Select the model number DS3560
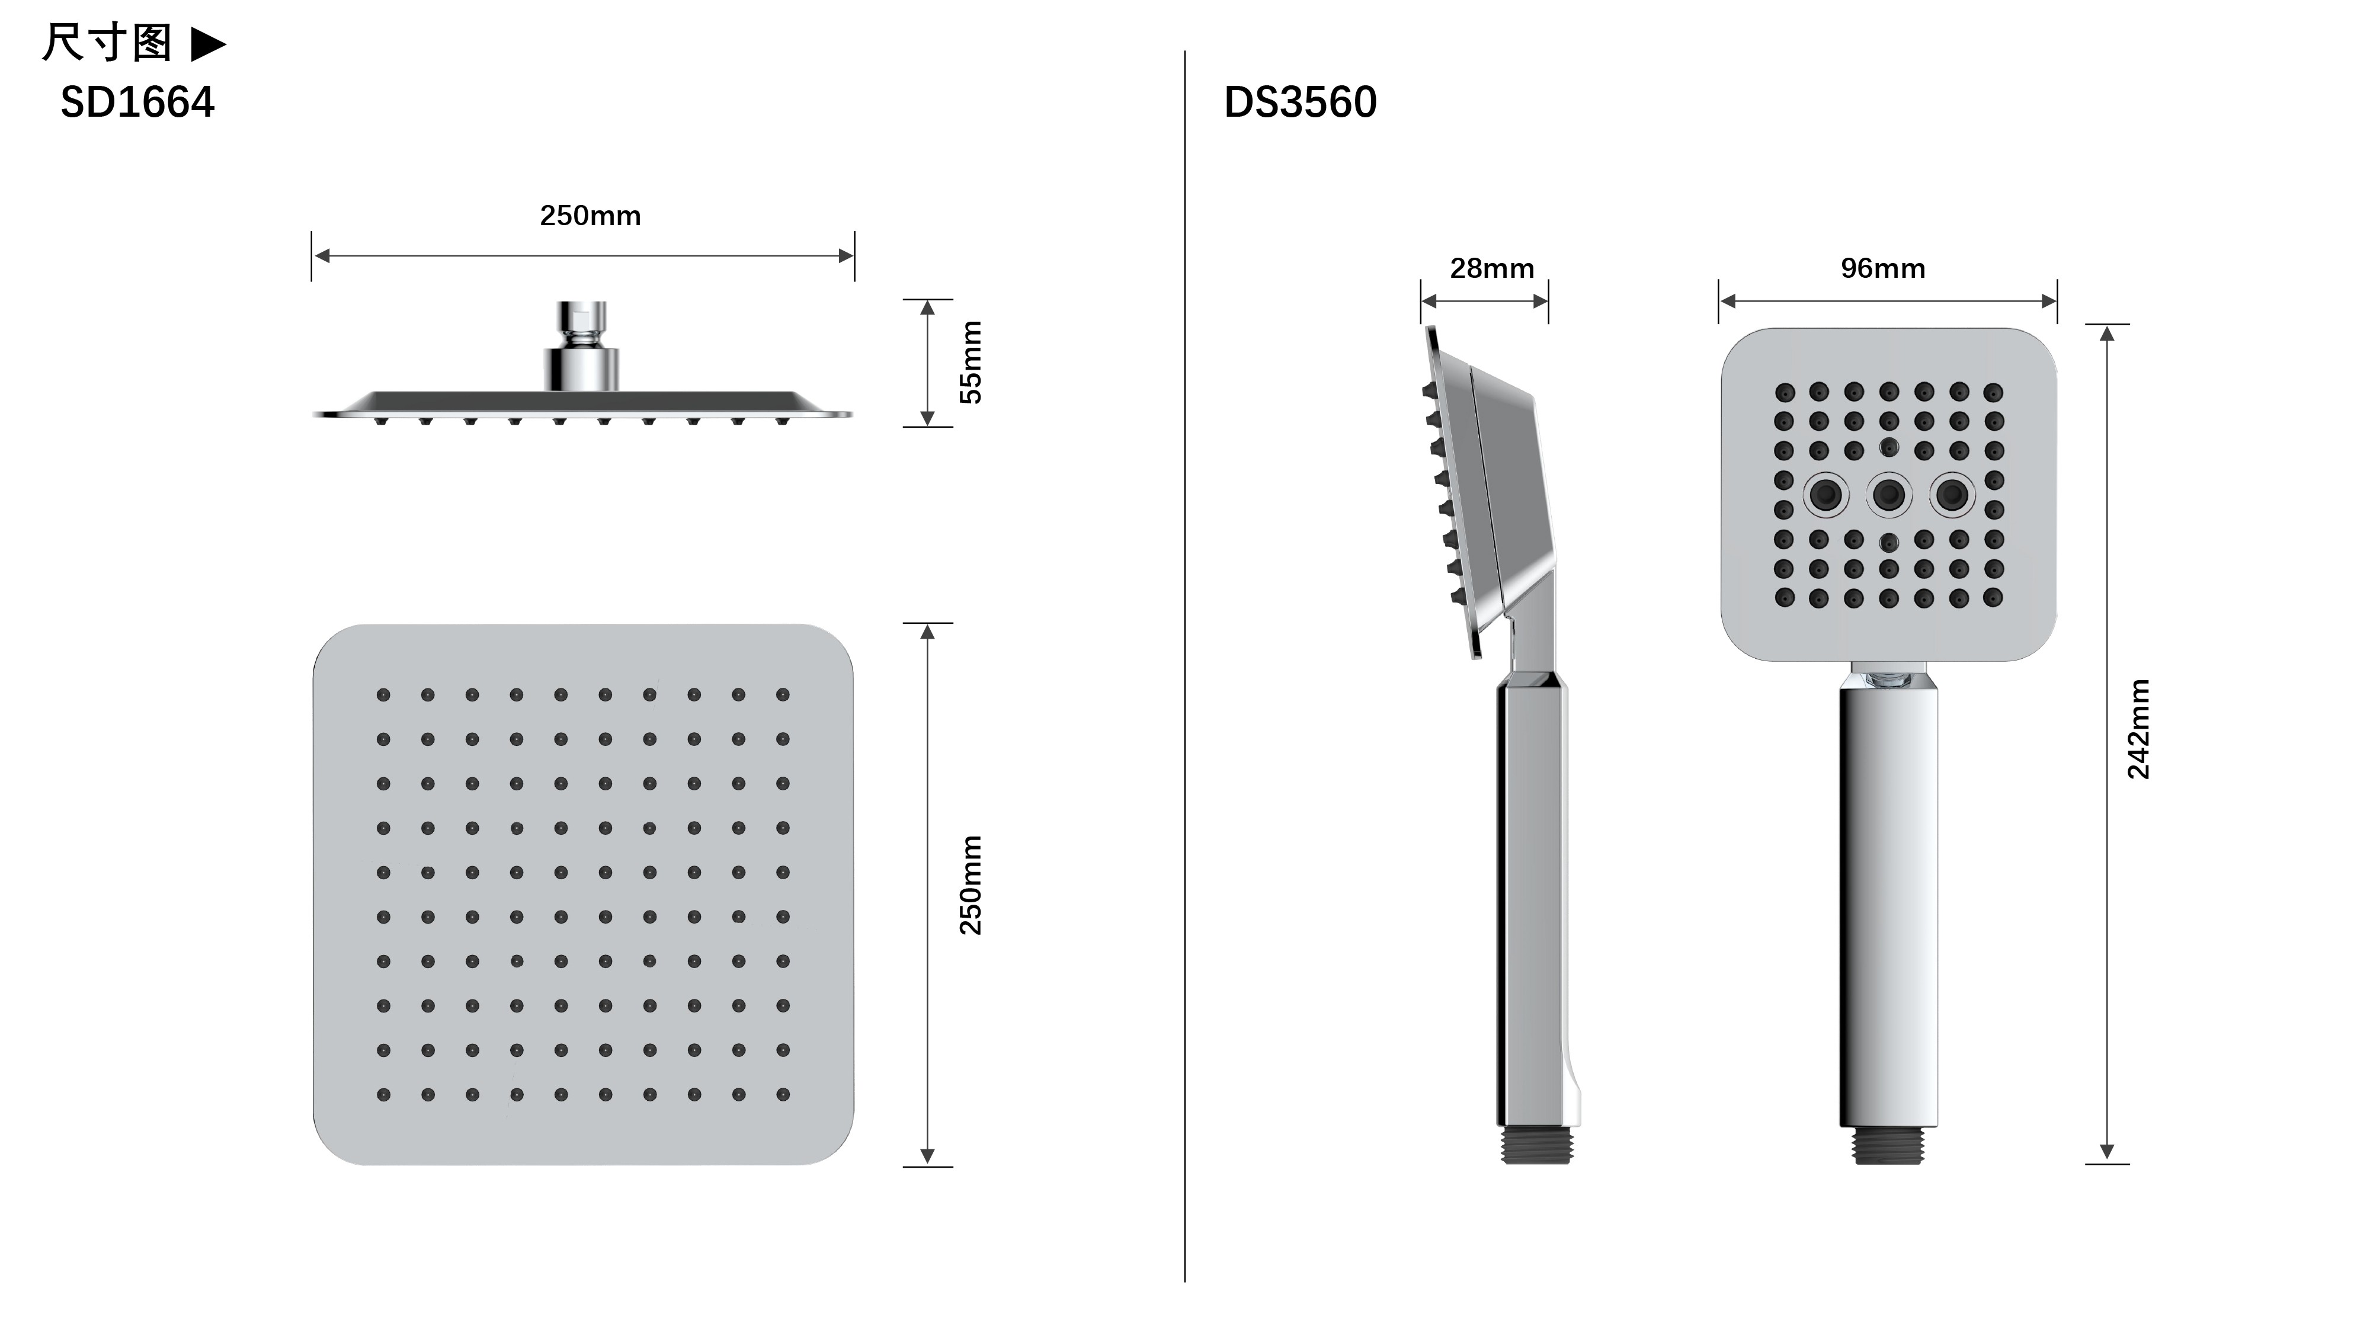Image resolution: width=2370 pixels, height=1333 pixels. pos(1300,102)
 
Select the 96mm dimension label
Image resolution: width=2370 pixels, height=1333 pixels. pos(1884,268)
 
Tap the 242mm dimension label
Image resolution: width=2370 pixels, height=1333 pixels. pos(2138,729)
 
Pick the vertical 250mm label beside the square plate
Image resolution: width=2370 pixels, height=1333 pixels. pos(971,885)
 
